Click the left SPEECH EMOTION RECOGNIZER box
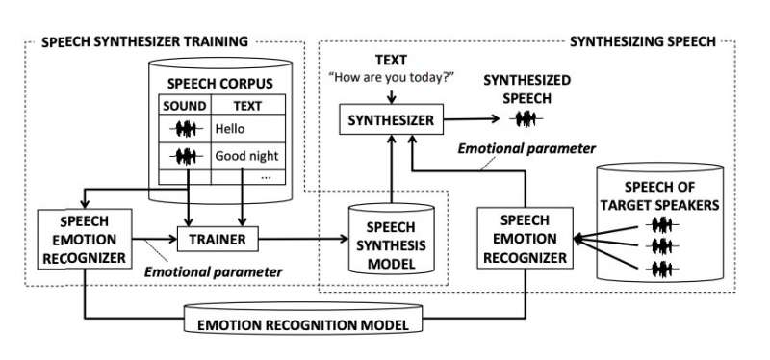coord(85,237)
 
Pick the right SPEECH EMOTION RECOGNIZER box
coord(526,238)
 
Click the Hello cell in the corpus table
coord(230,127)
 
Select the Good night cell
coord(240,154)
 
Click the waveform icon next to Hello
coord(186,127)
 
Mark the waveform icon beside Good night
coord(186,154)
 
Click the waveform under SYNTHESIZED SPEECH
coord(526,120)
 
